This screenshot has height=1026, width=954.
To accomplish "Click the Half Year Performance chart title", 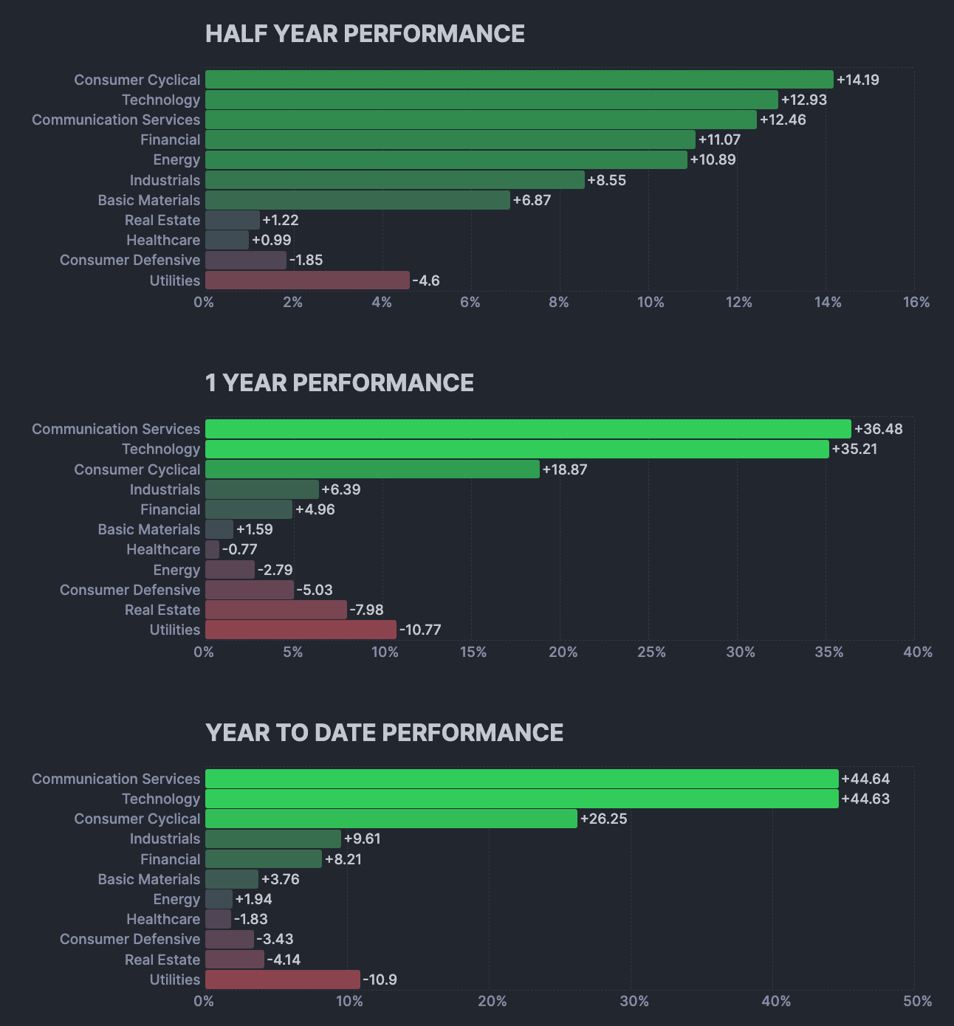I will (x=365, y=34).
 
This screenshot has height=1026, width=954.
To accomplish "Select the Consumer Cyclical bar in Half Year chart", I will (x=519, y=80).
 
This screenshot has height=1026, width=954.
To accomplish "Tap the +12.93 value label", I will (x=804, y=100).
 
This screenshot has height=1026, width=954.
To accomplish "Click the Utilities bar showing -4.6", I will (x=307, y=280).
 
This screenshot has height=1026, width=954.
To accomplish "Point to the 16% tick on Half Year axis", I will (x=916, y=302).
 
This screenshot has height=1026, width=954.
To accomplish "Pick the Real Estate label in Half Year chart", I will (x=162, y=220).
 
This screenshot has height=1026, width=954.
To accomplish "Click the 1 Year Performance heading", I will (x=340, y=383).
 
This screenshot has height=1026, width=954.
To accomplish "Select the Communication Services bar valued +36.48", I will (x=528, y=429).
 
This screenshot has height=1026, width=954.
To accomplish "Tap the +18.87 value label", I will (x=565, y=469).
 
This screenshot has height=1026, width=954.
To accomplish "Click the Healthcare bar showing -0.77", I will (x=213, y=549).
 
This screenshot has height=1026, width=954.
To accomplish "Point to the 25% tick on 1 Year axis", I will (x=651, y=652).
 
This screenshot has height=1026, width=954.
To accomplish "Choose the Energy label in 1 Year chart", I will (x=176, y=570).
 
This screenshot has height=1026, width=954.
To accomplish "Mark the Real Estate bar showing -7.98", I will (x=276, y=610).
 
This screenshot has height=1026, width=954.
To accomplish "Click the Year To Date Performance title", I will (x=384, y=733).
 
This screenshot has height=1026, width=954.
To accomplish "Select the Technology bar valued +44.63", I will (x=521, y=799).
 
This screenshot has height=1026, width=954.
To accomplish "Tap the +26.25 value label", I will (x=604, y=819).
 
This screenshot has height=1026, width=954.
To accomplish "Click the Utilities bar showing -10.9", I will (x=283, y=979).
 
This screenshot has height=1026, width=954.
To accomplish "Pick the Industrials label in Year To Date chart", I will (x=165, y=839).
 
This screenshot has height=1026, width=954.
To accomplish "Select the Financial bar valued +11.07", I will (x=450, y=140).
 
